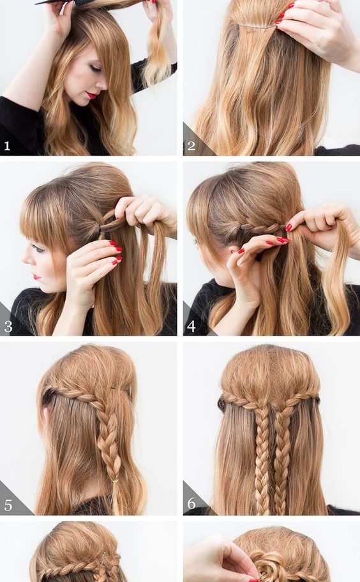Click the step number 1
click(7, 145)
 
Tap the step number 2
click(191, 145)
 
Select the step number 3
click(8, 327)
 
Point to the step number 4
click(191, 326)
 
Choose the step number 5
click(8, 505)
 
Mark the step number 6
click(191, 504)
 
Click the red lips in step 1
click(91, 95)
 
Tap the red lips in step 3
click(36, 277)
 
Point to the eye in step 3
click(38, 248)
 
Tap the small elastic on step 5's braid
click(116, 481)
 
